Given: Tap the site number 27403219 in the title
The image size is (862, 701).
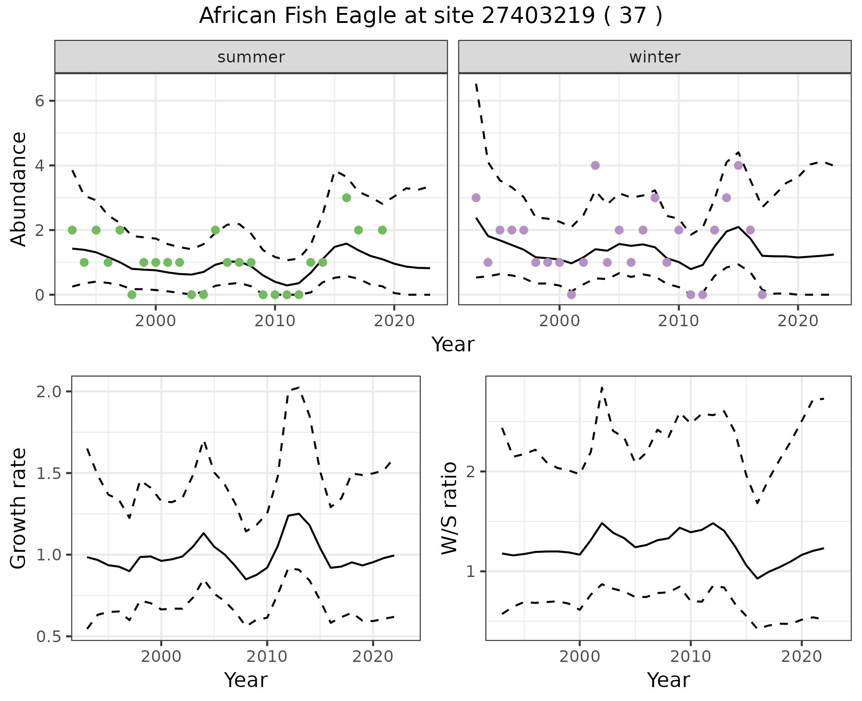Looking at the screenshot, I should [x=537, y=16].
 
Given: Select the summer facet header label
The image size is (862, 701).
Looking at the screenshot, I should [x=251, y=57].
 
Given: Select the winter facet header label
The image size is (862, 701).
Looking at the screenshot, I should [x=655, y=57].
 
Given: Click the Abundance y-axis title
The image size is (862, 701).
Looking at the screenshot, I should [x=19, y=189].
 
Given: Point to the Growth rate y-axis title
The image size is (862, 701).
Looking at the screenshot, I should [x=19, y=508].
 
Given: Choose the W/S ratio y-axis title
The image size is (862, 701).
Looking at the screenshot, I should [x=449, y=508].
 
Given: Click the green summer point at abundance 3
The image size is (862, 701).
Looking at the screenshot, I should [x=346, y=198].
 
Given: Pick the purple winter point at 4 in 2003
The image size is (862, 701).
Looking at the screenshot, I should [x=595, y=165].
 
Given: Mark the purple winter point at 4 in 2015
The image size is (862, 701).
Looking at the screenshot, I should [x=739, y=165].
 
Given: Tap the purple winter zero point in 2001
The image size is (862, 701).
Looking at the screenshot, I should [x=572, y=295].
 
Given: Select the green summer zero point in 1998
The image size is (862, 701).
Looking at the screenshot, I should [x=132, y=295].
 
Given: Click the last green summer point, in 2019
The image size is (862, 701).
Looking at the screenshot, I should [x=382, y=230].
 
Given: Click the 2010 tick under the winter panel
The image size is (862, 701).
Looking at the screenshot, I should [x=678, y=321].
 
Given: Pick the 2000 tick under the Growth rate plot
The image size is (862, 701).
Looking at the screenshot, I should [x=161, y=657].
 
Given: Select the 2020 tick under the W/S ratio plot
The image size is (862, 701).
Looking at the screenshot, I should [x=802, y=657].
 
